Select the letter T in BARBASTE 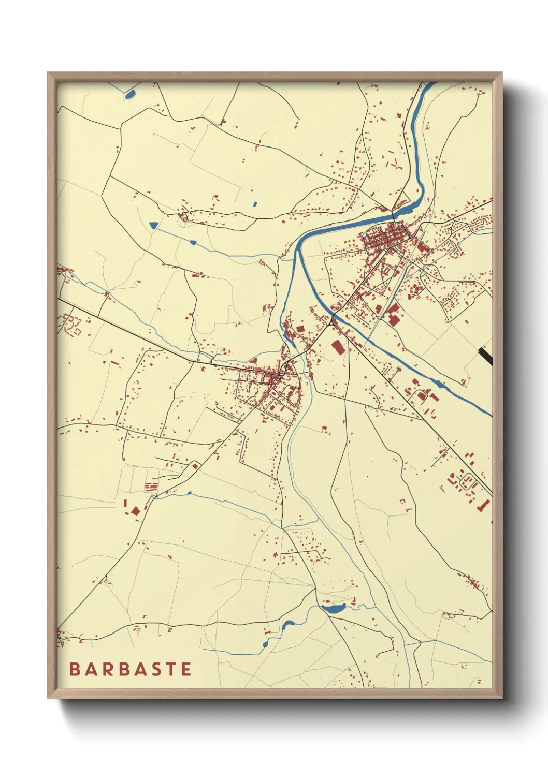[171, 669]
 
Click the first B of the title [74, 669]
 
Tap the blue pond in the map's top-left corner [129, 94]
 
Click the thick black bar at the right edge [485, 356]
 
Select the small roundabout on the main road [331, 322]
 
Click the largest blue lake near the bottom [335, 609]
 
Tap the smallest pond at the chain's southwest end [266, 644]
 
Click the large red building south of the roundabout [338, 347]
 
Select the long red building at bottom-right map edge [484, 505]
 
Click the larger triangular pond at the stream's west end [153, 225]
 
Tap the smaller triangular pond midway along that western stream [193, 242]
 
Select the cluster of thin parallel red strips [151, 487]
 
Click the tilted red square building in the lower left [136, 511]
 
